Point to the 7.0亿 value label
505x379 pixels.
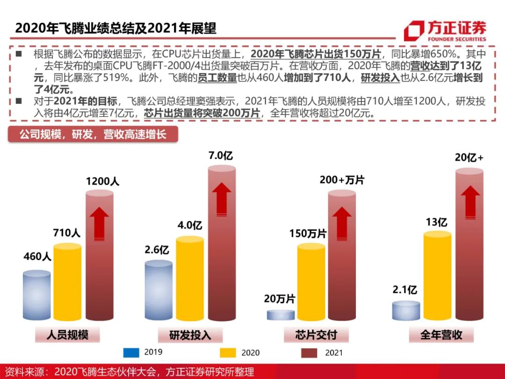click(221, 156)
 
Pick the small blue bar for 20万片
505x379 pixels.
click(281, 314)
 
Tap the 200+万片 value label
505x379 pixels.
click(342, 180)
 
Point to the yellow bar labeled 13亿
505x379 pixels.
click(437, 277)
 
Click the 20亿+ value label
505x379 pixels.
click(469, 158)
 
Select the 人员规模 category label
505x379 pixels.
click(68, 335)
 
